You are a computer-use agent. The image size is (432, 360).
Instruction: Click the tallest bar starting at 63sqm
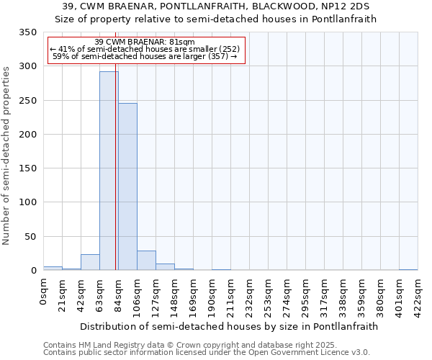(x=109, y=171)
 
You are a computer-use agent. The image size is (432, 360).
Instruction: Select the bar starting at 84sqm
(x=127, y=186)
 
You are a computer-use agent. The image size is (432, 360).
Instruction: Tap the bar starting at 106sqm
(x=146, y=261)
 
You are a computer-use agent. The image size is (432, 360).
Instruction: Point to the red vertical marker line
(x=115, y=166)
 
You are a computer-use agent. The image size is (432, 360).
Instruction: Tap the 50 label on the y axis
(x=30, y=237)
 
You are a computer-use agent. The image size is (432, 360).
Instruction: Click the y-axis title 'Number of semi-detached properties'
(x=6, y=155)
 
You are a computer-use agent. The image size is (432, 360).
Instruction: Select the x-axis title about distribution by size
(x=229, y=326)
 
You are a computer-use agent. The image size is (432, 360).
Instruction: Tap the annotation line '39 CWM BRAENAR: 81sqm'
(x=145, y=42)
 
